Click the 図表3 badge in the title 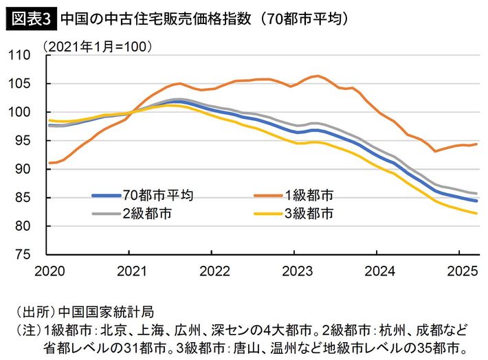[30, 19]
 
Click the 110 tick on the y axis [26, 55]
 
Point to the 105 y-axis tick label [26, 84]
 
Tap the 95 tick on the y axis [30, 141]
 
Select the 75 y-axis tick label [30, 254]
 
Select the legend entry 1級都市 [311, 196]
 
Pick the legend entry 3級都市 [311, 213]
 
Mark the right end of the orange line [477, 144]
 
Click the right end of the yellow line [477, 213]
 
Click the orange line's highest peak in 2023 [316, 76]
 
